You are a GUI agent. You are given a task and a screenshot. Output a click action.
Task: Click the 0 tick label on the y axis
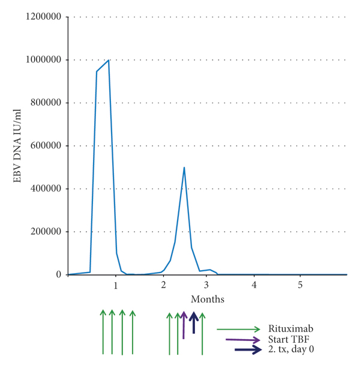point(59,275)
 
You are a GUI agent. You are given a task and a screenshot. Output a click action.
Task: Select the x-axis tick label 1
point(116,285)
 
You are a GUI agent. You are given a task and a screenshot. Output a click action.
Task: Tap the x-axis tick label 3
point(206,285)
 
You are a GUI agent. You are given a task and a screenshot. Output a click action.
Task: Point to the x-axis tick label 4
point(254,285)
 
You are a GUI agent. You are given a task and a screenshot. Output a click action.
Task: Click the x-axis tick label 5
point(301,285)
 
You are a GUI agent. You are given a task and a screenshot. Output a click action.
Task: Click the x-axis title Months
point(208,298)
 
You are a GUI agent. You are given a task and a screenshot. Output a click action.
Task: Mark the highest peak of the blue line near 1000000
point(109,60)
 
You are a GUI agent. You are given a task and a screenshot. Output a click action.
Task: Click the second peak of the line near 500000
point(184,167)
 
